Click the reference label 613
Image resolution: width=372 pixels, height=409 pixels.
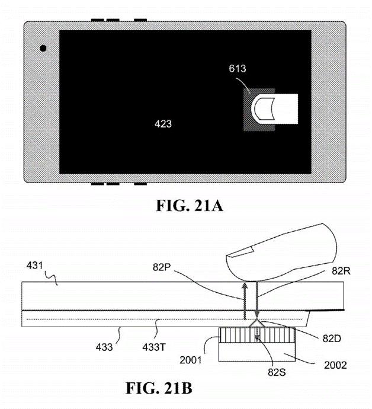(x=238, y=69)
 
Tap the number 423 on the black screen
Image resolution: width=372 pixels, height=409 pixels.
(x=163, y=124)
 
